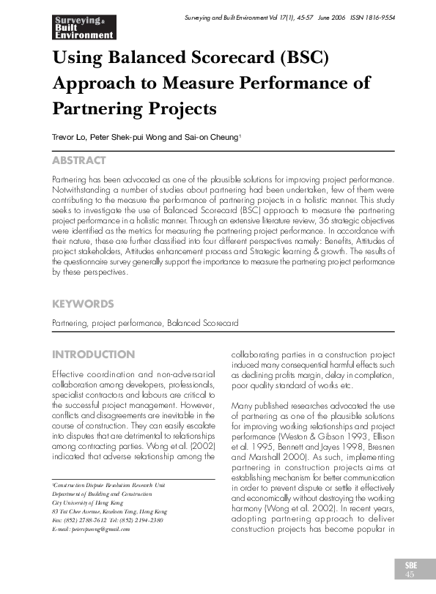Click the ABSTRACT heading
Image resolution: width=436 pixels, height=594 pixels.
79,160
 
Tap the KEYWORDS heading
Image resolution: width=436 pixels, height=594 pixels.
83,302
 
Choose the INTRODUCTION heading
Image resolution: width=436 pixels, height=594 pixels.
94,354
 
